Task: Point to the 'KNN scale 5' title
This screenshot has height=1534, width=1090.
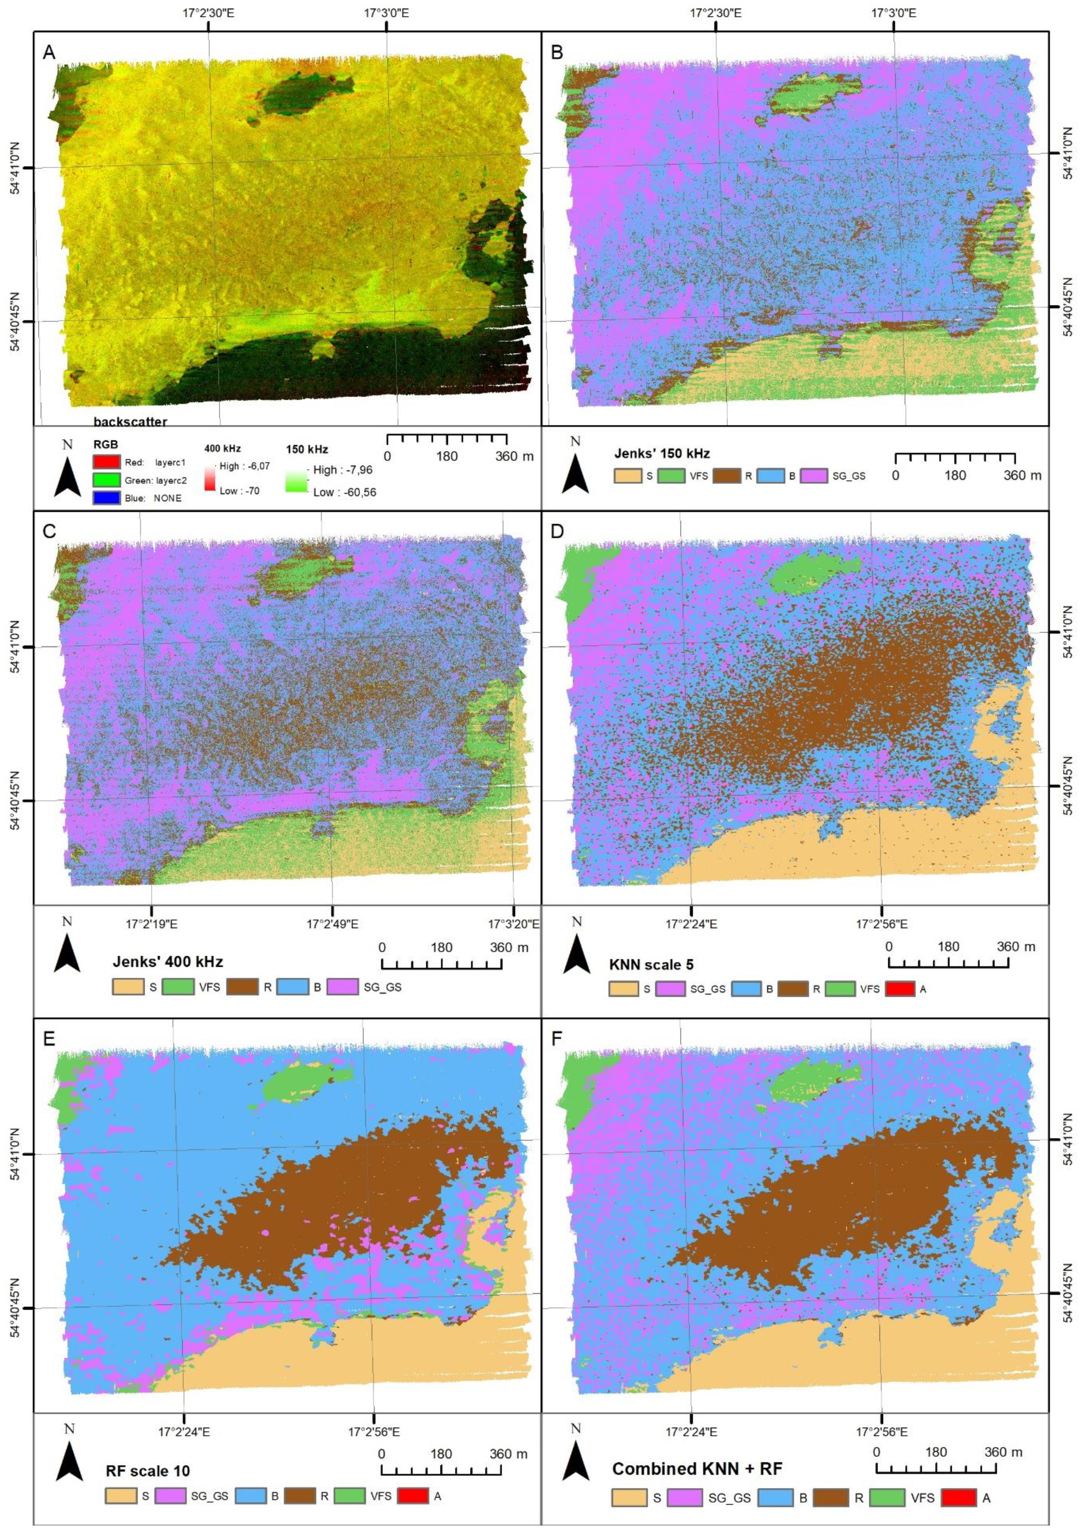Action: coord(651,965)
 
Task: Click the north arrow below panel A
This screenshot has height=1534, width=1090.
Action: coord(67,479)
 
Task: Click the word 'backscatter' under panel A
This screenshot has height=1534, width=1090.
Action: coord(130,421)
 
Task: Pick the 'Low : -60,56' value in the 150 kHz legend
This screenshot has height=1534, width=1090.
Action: coord(344,492)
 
